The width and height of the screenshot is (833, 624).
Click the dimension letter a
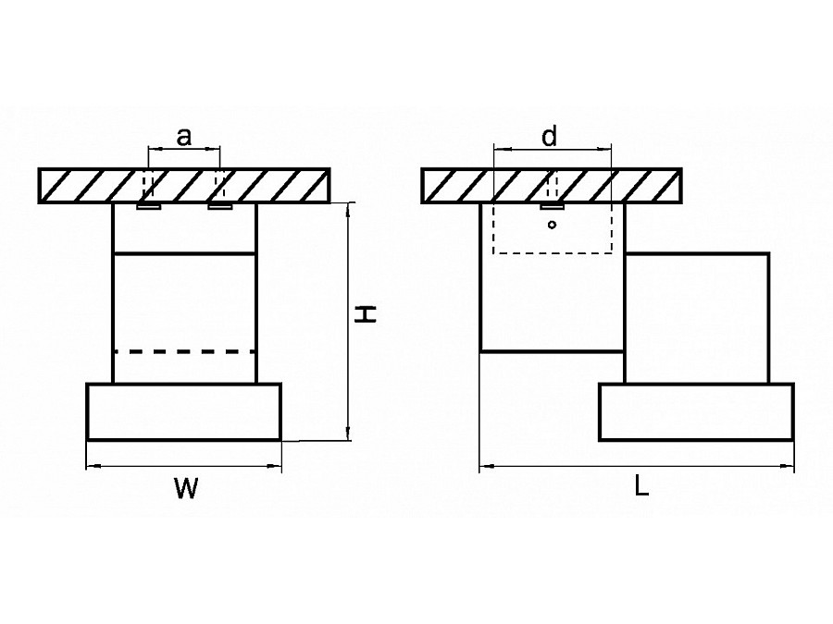point(184,137)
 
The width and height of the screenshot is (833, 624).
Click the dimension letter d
point(550,137)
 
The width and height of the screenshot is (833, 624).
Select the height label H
point(368,314)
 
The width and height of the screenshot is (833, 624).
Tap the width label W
point(186,491)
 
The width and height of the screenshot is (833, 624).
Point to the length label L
point(641,485)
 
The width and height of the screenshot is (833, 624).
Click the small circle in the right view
point(552,225)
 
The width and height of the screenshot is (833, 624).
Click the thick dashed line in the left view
point(184,351)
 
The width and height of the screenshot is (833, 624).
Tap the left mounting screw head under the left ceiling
point(148,206)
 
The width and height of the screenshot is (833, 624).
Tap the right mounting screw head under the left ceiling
point(219,206)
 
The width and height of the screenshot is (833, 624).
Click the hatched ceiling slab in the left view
point(183,185)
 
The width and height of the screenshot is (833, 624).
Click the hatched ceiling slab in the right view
point(552,185)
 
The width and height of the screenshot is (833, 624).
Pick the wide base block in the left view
point(183,411)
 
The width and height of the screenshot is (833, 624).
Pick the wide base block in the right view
point(696,412)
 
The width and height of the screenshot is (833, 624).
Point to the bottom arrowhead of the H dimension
point(348,435)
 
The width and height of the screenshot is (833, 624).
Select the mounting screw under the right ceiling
point(552,205)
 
